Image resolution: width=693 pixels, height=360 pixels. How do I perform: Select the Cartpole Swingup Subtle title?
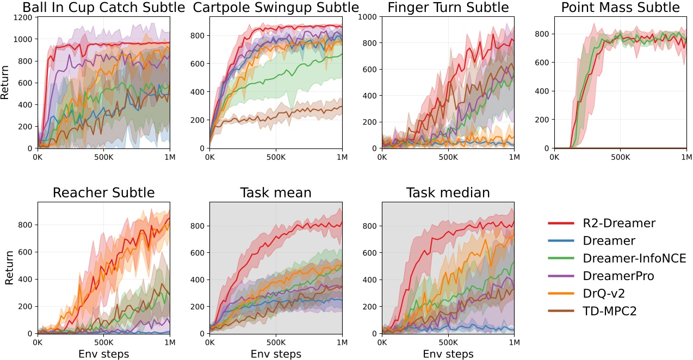[x=276, y=8]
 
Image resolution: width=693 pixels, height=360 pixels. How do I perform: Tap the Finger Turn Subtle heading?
[x=448, y=8]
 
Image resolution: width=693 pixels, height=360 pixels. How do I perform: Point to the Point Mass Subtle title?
[x=620, y=8]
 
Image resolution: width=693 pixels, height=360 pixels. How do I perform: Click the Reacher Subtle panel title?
[x=103, y=193]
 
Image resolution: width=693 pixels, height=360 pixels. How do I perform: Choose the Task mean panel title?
[x=276, y=193]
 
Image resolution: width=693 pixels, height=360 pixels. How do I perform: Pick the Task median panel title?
[x=448, y=193]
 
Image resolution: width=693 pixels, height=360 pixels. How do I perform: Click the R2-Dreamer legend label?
[x=619, y=223]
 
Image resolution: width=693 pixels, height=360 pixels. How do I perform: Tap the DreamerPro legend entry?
[x=618, y=276]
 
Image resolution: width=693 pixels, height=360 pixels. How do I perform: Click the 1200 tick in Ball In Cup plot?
[x=23, y=17]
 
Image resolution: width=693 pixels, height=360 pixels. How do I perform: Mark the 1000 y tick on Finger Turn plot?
[x=368, y=17]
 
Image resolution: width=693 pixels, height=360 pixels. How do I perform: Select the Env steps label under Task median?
[x=448, y=354]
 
